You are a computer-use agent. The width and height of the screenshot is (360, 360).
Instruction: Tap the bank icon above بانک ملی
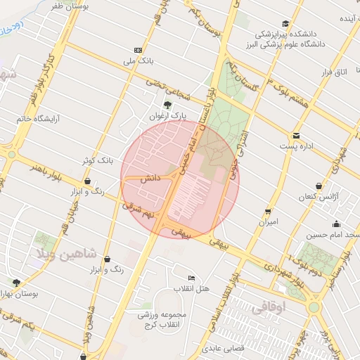click(x=137, y=50)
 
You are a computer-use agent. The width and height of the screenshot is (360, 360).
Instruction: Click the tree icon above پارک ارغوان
click(x=167, y=105)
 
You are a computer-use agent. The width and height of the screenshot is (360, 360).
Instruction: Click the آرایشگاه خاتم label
click(x=35, y=119)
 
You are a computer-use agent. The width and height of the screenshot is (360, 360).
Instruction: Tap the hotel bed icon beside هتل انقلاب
click(x=192, y=278)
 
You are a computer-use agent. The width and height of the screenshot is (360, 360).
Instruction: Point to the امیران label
click(x=268, y=221)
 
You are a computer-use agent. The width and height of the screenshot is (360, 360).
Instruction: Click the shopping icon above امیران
click(x=268, y=211)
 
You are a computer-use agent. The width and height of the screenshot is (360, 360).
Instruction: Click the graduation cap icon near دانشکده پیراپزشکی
click(x=284, y=23)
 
